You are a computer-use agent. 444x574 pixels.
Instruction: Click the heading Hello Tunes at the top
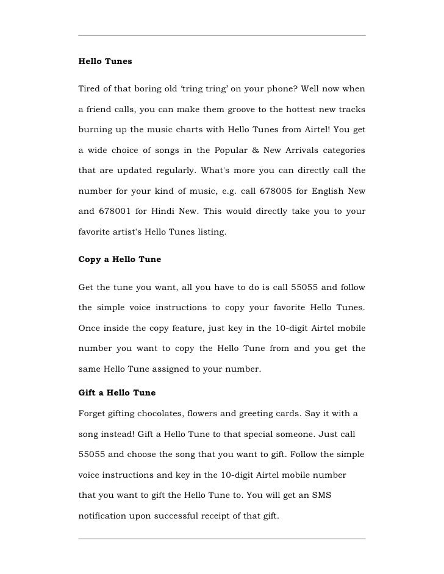point(106,62)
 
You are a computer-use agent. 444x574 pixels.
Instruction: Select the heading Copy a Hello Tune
point(120,259)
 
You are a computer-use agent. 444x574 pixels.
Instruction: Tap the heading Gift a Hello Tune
point(117,392)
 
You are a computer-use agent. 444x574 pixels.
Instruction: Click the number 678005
point(277,191)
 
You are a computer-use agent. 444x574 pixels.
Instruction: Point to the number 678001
point(114,211)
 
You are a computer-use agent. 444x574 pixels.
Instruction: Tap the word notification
point(102,516)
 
